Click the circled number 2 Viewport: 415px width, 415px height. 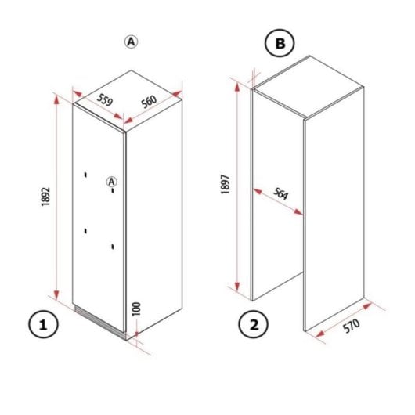coord(252,324)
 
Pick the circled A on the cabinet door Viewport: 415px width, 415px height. coord(112,181)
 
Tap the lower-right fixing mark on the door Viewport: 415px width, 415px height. coord(114,247)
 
